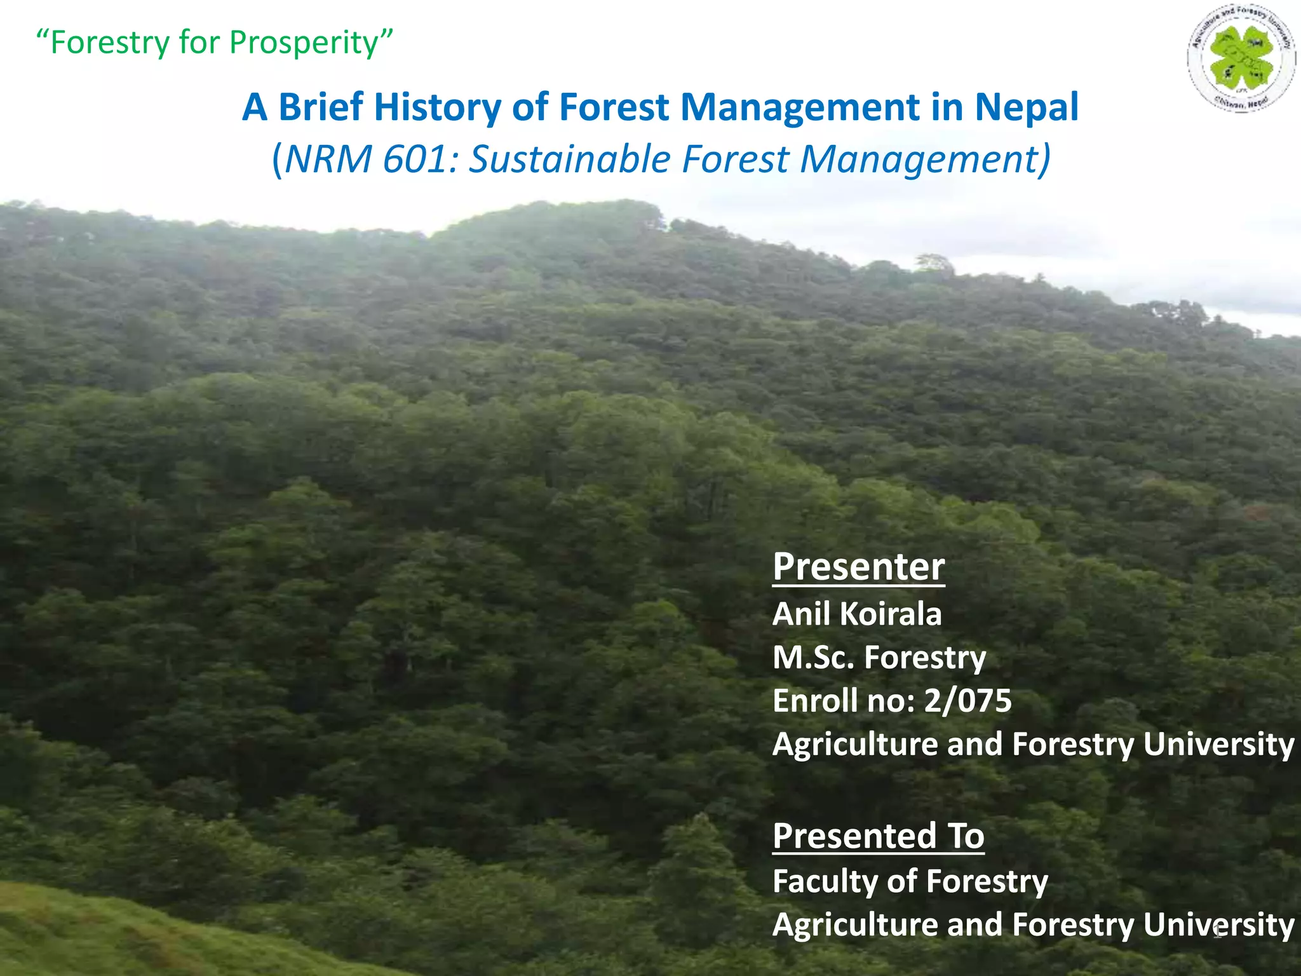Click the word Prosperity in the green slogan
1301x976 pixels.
click(304, 43)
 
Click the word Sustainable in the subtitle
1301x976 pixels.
click(569, 159)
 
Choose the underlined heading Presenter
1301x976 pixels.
click(858, 566)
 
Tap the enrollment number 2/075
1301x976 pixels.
click(967, 701)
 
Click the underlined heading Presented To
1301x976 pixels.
click(878, 836)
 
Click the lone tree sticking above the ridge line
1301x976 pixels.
click(934, 262)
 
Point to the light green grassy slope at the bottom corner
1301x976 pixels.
click(95, 934)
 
